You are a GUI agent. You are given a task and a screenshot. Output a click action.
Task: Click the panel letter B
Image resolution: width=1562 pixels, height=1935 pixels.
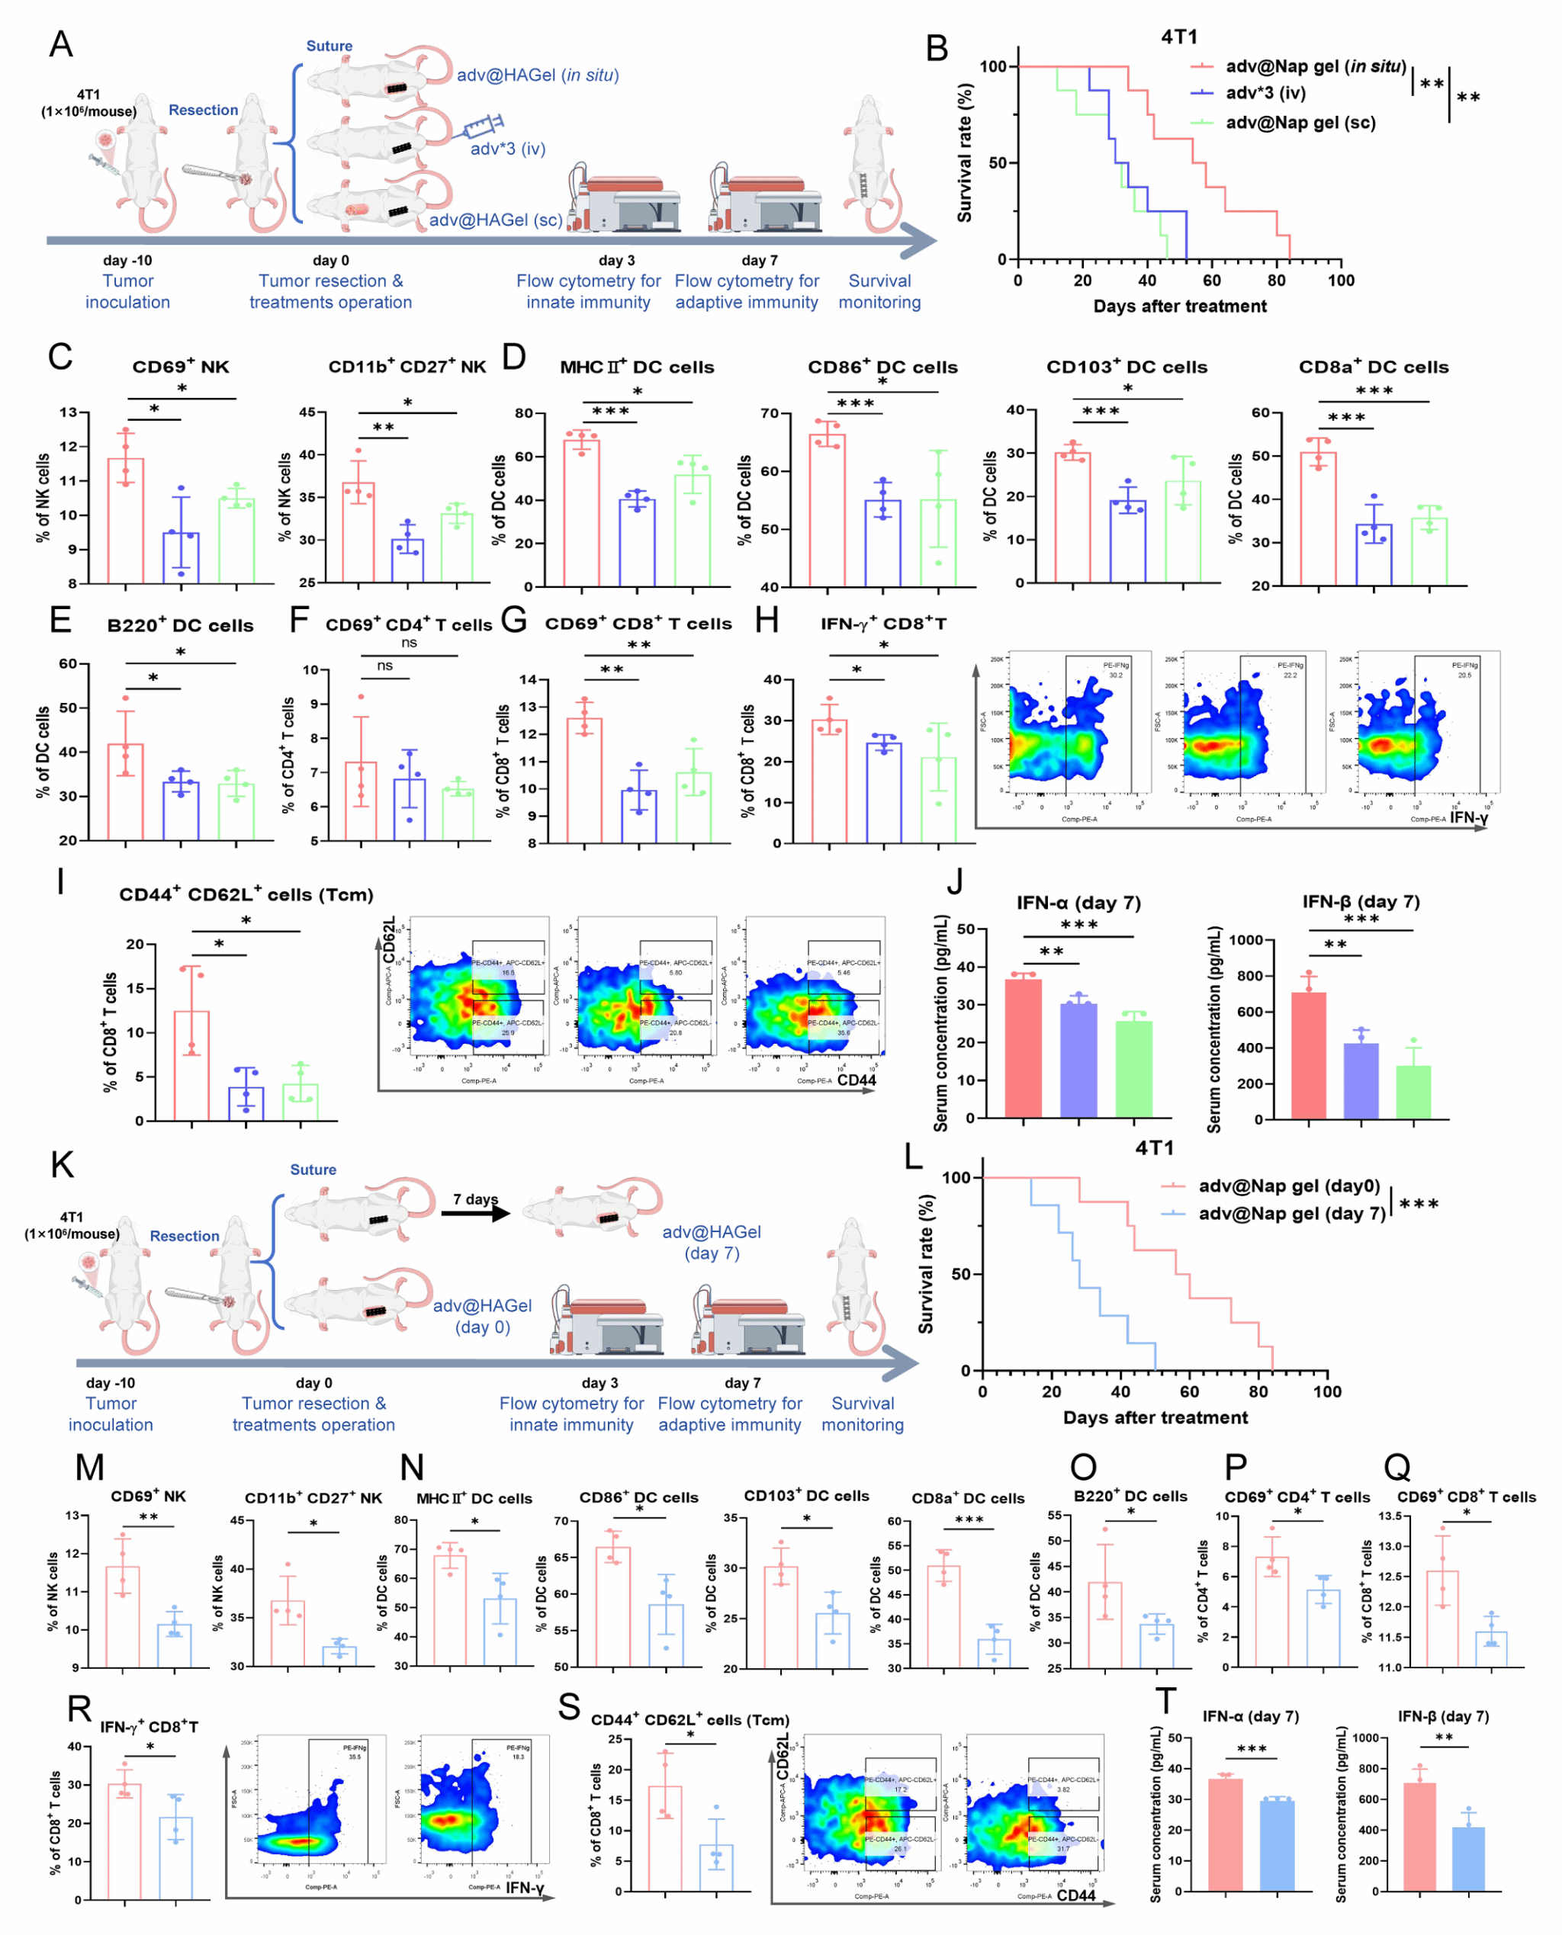pos(937,49)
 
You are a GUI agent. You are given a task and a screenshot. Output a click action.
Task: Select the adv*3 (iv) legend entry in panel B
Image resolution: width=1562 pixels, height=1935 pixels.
pos(1265,93)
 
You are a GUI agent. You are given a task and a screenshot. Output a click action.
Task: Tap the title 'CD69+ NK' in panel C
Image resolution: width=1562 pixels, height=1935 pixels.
pos(180,367)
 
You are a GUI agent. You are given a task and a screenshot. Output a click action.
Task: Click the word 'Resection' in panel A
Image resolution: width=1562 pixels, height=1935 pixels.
pos(204,110)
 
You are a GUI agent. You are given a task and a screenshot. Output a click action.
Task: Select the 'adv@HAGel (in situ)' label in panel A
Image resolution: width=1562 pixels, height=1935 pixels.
pos(537,75)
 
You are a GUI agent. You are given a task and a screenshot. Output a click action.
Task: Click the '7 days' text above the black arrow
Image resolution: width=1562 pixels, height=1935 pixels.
pos(475,1199)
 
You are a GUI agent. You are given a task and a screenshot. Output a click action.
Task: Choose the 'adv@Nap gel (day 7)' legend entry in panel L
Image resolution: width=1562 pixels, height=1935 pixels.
pos(1291,1214)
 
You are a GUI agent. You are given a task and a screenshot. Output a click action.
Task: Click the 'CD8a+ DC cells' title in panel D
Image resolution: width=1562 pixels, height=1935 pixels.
pos(1373,367)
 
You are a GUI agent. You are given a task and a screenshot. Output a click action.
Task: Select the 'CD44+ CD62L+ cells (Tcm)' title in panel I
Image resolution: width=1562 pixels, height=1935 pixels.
pos(246,895)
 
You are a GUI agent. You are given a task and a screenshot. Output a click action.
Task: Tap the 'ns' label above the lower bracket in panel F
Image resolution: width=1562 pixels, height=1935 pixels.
pos(384,666)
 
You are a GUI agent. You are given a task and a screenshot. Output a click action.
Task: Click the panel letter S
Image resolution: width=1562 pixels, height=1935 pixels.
pos(569,1706)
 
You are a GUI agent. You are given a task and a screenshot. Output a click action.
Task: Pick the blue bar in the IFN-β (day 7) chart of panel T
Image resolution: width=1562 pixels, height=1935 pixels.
pos(1468,1859)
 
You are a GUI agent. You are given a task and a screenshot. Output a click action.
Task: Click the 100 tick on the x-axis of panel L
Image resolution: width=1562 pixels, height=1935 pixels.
pos(1327,1391)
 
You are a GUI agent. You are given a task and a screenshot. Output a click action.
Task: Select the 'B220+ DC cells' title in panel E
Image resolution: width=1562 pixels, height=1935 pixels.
pos(180,626)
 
